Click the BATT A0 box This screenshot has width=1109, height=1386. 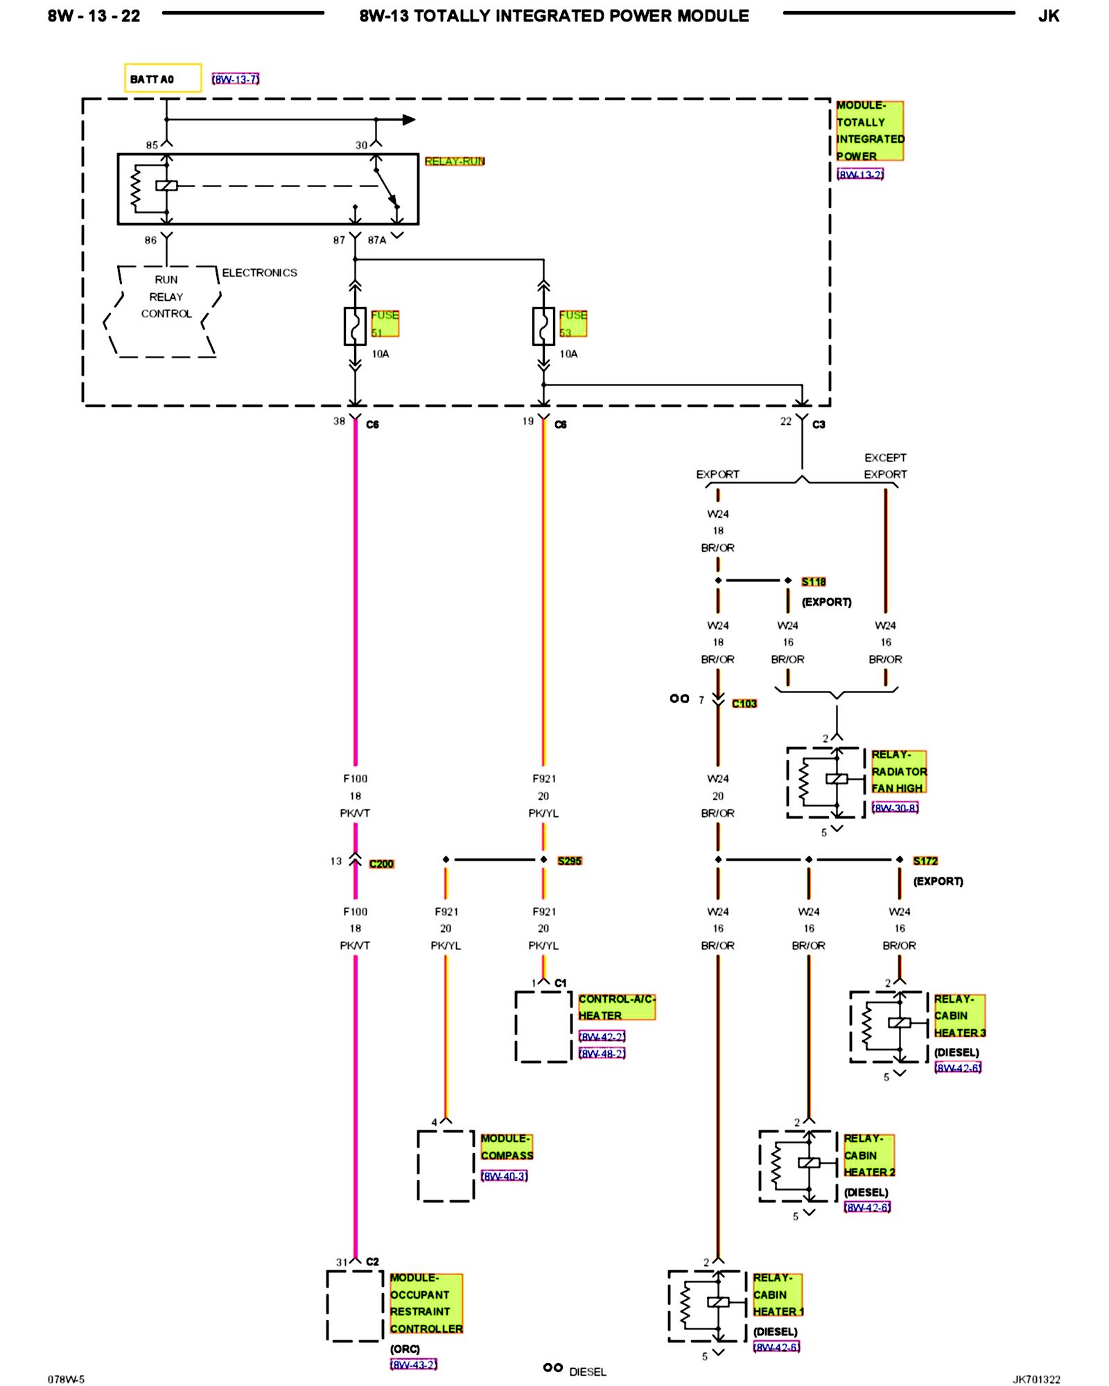(x=163, y=78)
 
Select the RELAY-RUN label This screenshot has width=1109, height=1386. (x=455, y=161)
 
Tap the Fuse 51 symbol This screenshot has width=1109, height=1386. (x=355, y=326)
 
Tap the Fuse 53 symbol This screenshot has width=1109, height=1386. (x=543, y=326)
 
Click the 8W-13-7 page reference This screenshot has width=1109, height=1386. (x=236, y=80)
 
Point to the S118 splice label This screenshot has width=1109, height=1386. (x=814, y=581)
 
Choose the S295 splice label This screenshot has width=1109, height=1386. (x=570, y=861)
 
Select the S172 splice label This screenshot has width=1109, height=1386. (x=925, y=861)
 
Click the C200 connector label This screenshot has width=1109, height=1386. (x=381, y=863)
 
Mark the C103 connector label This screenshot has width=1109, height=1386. (x=744, y=703)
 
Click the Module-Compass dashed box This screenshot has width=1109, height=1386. (x=418, y=1166)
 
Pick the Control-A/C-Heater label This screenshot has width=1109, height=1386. (x=616, y=1007)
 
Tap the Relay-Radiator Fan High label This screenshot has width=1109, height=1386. (x=899, y=771)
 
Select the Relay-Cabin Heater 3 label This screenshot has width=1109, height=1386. (x=959, y=1016)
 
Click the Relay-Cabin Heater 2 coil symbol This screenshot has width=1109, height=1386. (x=808, y=1163)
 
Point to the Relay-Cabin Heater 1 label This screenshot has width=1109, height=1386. (x=778, y=1295)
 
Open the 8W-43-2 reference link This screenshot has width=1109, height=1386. (x=414, y=1365)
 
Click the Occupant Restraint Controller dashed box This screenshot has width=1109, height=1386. (x=327, y=1306)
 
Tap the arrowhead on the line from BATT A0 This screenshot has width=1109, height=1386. (x=409, y=120)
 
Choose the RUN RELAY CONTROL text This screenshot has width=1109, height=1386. (x=166, y=297)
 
